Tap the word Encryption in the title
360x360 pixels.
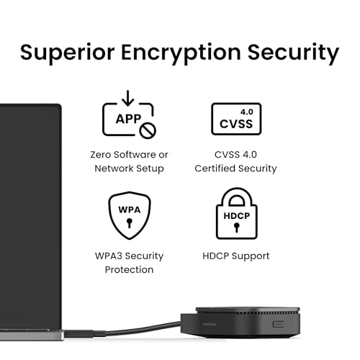186,52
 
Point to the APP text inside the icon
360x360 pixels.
124,119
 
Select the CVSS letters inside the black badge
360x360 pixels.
235,124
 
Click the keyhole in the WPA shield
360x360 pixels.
129,223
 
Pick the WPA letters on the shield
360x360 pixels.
129,210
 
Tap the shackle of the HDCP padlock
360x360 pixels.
236,198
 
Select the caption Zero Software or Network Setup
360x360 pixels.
130,161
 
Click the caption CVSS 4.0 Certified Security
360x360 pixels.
235,161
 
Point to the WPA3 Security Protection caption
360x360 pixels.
130,263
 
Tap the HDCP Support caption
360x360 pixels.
236,256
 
